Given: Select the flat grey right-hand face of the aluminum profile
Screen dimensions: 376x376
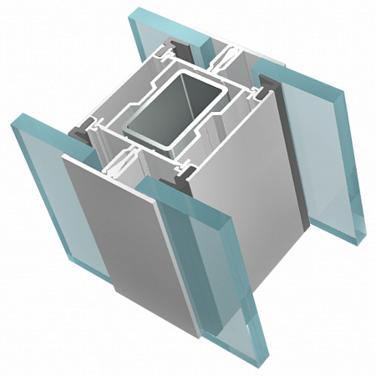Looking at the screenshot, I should point(251,209).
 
